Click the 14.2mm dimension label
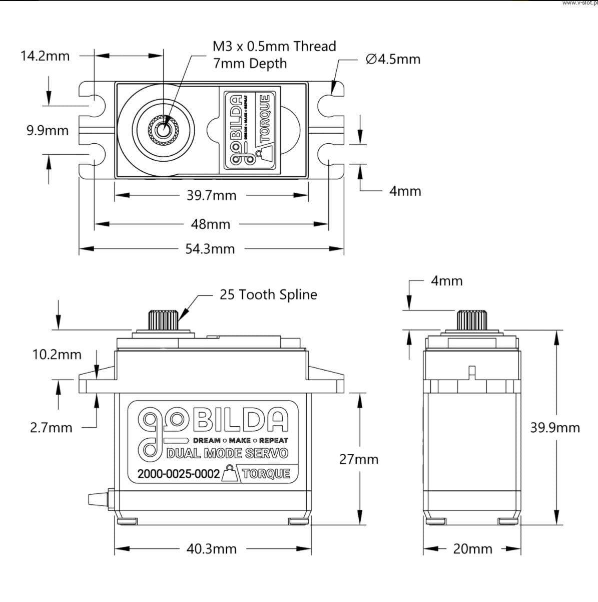click(45, 56)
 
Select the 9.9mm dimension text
click(48, 131)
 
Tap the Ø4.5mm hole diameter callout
click(393, 59)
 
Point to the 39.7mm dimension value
click(211, 195)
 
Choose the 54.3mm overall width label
click(210, 249)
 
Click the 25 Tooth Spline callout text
click(268, 294)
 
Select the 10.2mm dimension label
click(57, 355)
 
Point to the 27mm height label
click(359, 459)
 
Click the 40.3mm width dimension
click(211, 549)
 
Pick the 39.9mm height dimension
click(555, 428)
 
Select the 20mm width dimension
click(472, 549)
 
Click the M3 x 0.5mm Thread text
click(274, 47)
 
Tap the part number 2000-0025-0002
click(179, 474)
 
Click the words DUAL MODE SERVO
click(227, 454)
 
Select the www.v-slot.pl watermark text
click(579, 3)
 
